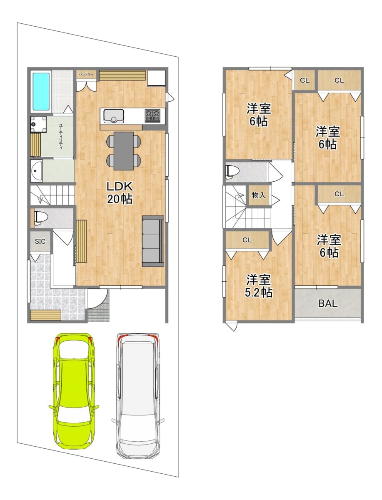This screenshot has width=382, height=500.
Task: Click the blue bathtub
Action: (x=41, y=92)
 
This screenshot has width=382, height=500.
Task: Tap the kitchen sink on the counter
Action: (x=114, y=116)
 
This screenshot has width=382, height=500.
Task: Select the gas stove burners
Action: (x=152, y=115)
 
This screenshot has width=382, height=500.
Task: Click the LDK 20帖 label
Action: (x=120, y=193)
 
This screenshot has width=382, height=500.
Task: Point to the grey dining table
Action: (x=124, y=151)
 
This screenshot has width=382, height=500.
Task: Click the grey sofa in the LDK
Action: (x=153, y=241)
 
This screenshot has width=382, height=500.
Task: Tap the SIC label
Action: (x=40, y=241)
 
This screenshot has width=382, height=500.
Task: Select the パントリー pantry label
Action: (x=86, y=75)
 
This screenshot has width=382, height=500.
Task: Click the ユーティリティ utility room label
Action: (x=61, y=136)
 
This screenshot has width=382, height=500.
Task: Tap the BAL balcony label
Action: (x=327, y=303)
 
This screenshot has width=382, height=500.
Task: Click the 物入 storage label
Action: (x=259, y=195)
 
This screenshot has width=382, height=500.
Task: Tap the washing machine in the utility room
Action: (x=38, y=124)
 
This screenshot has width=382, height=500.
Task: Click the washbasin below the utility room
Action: (x=36, y=170)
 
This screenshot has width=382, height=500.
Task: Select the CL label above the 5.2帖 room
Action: (x=247, y=240)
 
